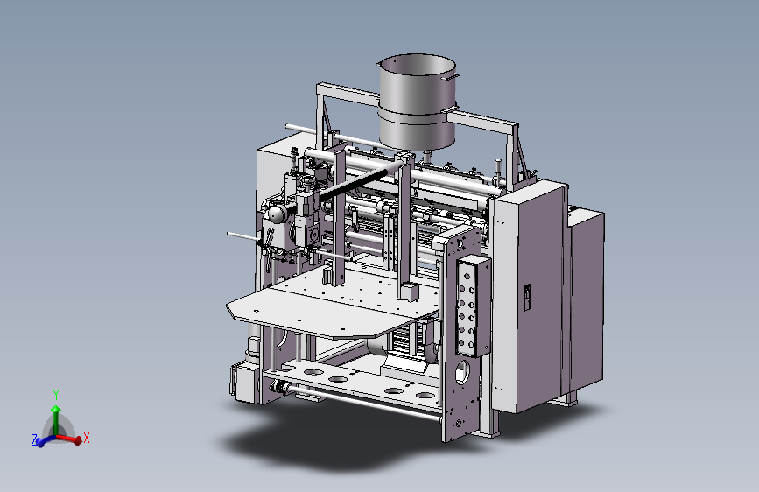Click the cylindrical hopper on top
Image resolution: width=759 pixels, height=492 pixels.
[x=417, y=102]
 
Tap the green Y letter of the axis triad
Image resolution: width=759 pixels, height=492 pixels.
[x=56, y=395]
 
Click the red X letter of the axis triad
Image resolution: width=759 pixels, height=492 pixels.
[x=87, y=438]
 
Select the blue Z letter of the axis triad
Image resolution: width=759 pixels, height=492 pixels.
[x=34, y=440]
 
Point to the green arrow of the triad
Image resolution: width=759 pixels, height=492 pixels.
[x=56, y=420]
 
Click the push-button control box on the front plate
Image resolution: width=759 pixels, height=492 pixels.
[x=474, y=307]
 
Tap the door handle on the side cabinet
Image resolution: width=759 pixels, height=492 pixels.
[x=527, y=297]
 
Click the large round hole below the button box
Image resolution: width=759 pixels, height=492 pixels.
[x=462, y=371]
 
